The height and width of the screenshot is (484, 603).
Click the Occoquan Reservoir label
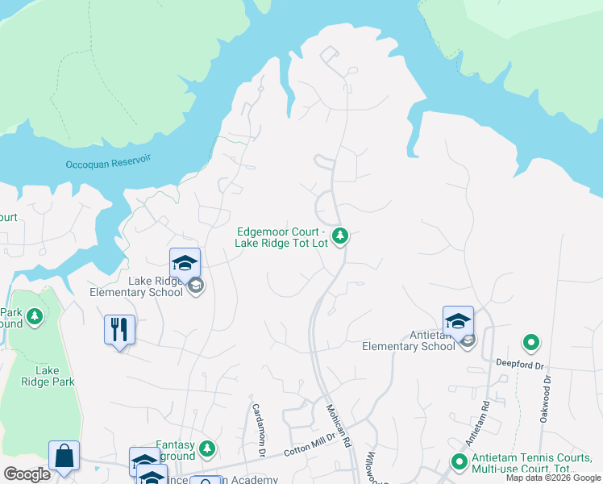(x=108, y=164)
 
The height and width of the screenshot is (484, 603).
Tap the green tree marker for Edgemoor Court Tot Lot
(x=341, y=236)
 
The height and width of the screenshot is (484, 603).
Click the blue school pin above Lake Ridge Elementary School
(x=185, y=262)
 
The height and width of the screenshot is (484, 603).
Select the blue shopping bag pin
(x=64, y=456)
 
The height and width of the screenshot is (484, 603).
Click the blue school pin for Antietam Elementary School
(x=458, y=320)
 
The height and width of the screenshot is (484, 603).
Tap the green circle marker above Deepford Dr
(x=530, y=343)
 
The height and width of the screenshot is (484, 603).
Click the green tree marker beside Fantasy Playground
(x=207, y=448)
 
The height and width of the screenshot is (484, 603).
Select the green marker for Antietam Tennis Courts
(x=460, y=462)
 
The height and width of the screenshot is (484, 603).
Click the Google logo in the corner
(x=27, y=474)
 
